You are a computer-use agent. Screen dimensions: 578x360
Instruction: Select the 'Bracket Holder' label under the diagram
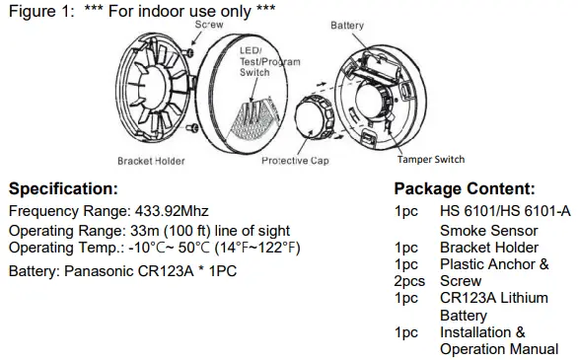pyautogui.click(x=151, y=161)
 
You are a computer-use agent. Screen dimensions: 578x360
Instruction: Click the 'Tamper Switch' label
pyautogui.click(x=431, y=159)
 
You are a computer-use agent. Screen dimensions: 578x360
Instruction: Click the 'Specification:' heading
pyautogui.click(x=63, y=189)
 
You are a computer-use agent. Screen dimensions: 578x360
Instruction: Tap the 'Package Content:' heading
pyautogui.click(x=465, y=189)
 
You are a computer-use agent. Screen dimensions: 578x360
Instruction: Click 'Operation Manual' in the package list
pyautogui.click(x=499, y=349)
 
